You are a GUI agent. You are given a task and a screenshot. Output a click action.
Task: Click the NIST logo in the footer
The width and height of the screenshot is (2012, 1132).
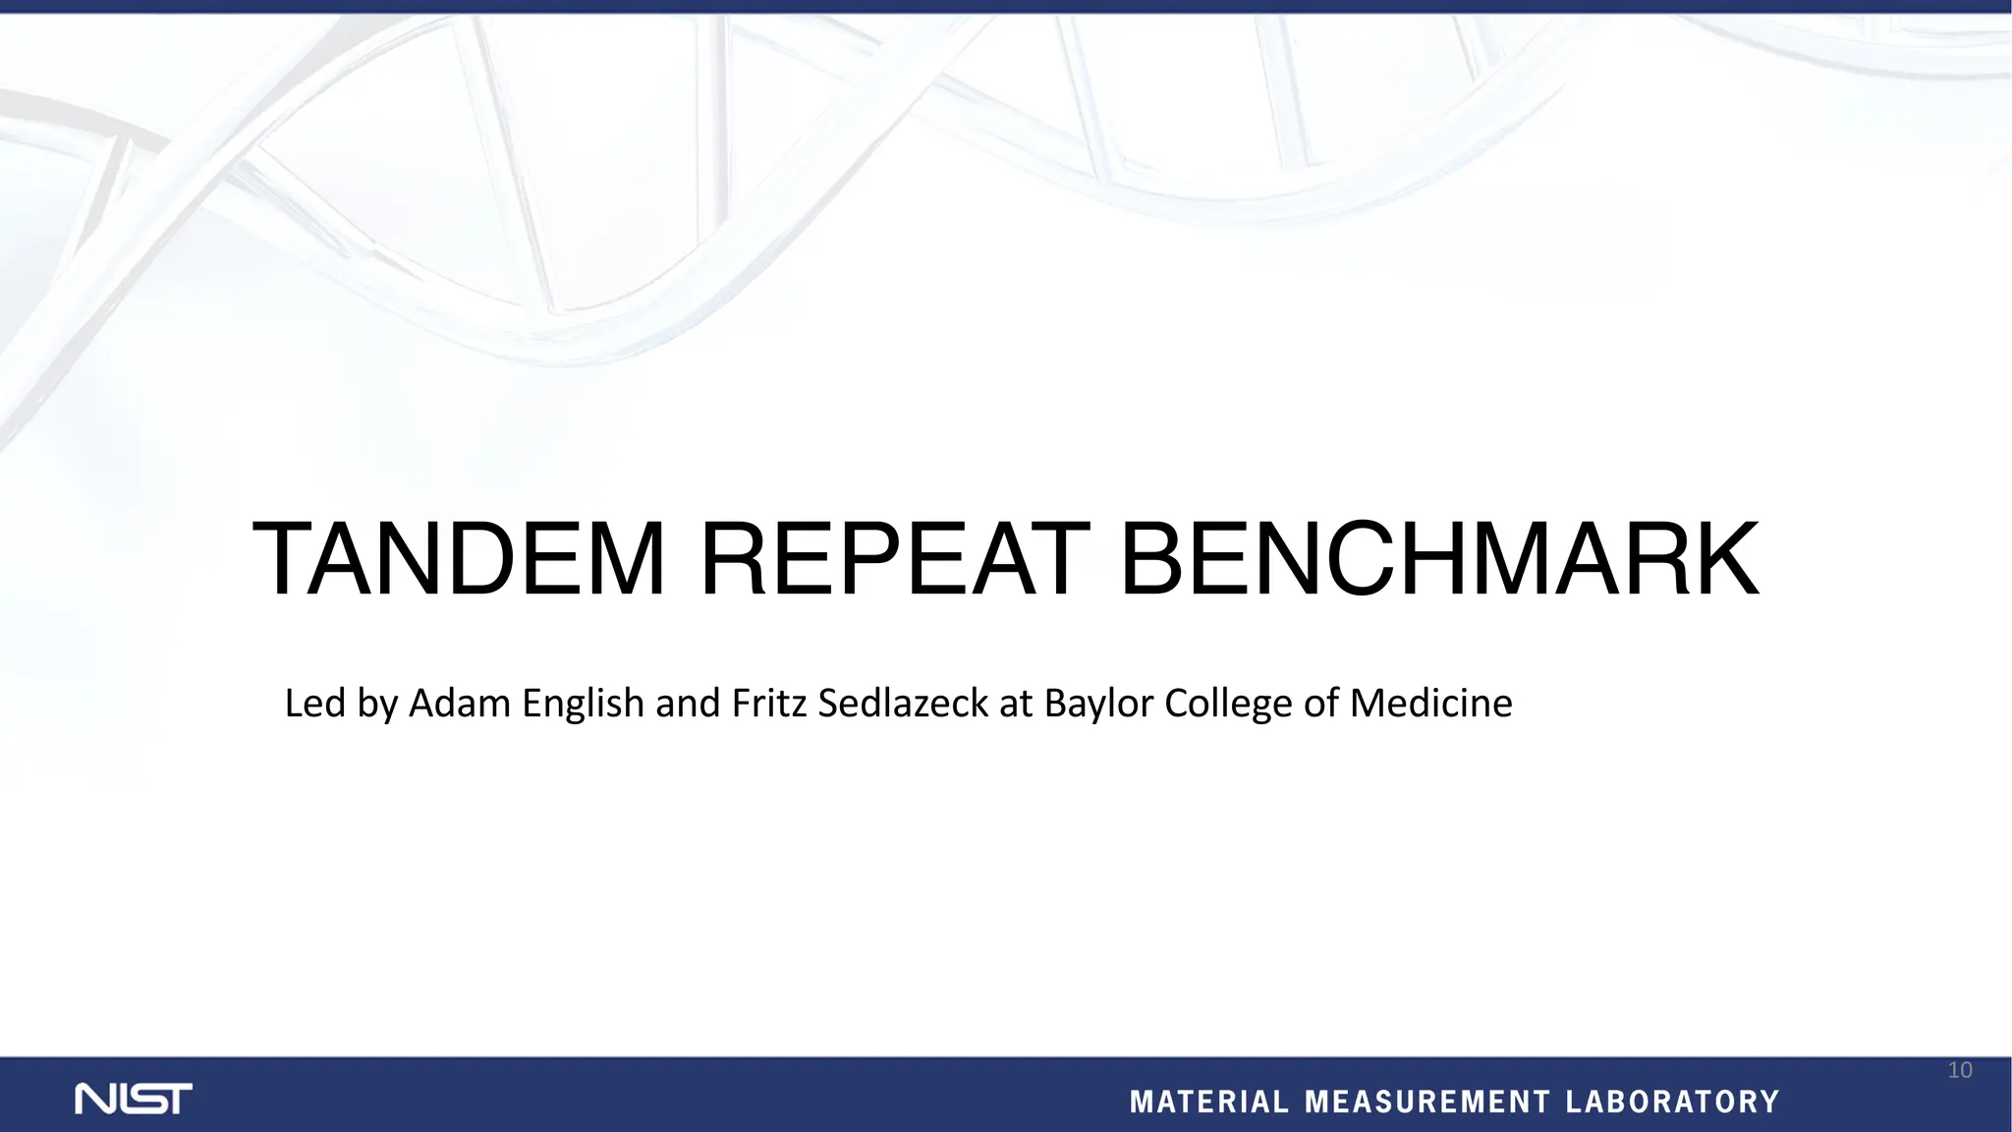point(134,1099)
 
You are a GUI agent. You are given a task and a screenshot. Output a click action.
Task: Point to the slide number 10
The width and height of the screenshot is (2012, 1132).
point(1959,1070)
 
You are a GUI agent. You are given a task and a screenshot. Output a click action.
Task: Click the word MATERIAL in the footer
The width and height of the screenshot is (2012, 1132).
point(1209,1103)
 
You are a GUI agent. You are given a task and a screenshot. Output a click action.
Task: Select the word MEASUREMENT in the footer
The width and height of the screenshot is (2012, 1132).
point(1427,1103)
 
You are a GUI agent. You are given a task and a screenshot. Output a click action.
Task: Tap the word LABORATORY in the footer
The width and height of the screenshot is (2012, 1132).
point(1672,1103)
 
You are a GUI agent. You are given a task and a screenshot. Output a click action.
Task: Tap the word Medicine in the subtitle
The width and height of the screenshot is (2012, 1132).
point(1430,704)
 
